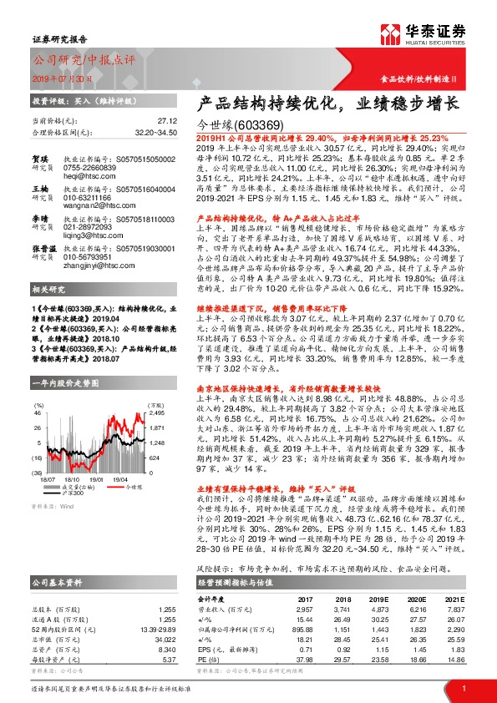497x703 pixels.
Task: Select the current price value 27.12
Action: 166,121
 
